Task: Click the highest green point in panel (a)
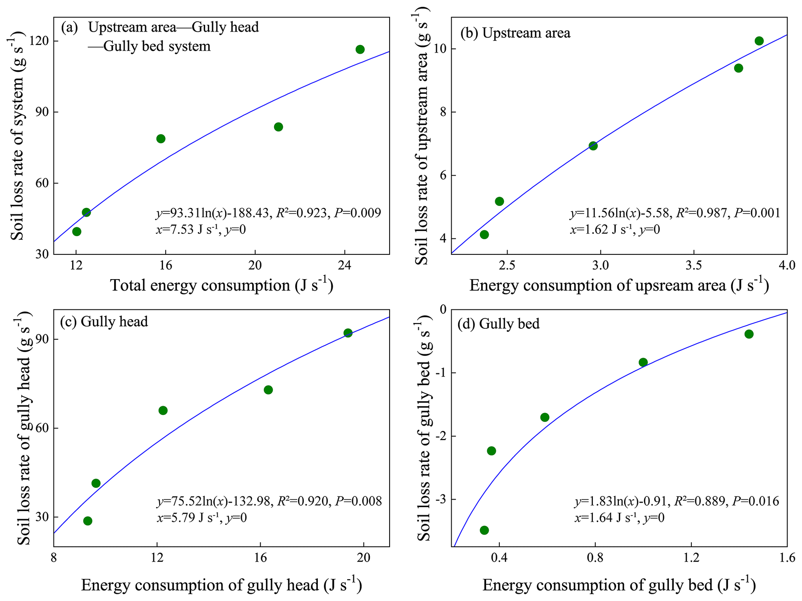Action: pyautogui.click(x=360, y=49)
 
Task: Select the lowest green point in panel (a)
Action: pyautogui.click(x=77, y=231)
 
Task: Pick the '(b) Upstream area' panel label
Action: pyautogui.click(x=515, y=33)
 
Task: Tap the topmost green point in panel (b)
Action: pyautogui.click(x=759, y=41)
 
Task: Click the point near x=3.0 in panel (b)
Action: pyautogui.click(x=593, y=146)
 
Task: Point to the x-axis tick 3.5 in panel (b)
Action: pyautogui.click(x=694, y=266)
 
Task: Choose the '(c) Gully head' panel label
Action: pyautogui.click(x=104, y=321)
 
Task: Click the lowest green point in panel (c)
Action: pyautogui.click(x=88, y=521)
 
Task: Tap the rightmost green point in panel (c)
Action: pyautogui.click(x=348, y=333)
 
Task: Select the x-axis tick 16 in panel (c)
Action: pyautogui.click(x=260, y=558)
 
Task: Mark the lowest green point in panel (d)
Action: pyautogui.click(x=484, y=530)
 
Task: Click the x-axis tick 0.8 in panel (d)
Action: pyautogui.click(x=595, y=558)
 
